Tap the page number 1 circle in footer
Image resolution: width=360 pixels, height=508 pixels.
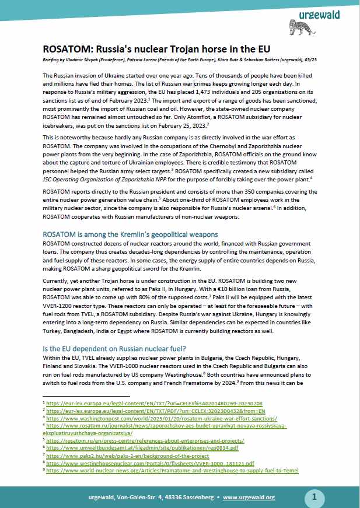click(314, 497)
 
